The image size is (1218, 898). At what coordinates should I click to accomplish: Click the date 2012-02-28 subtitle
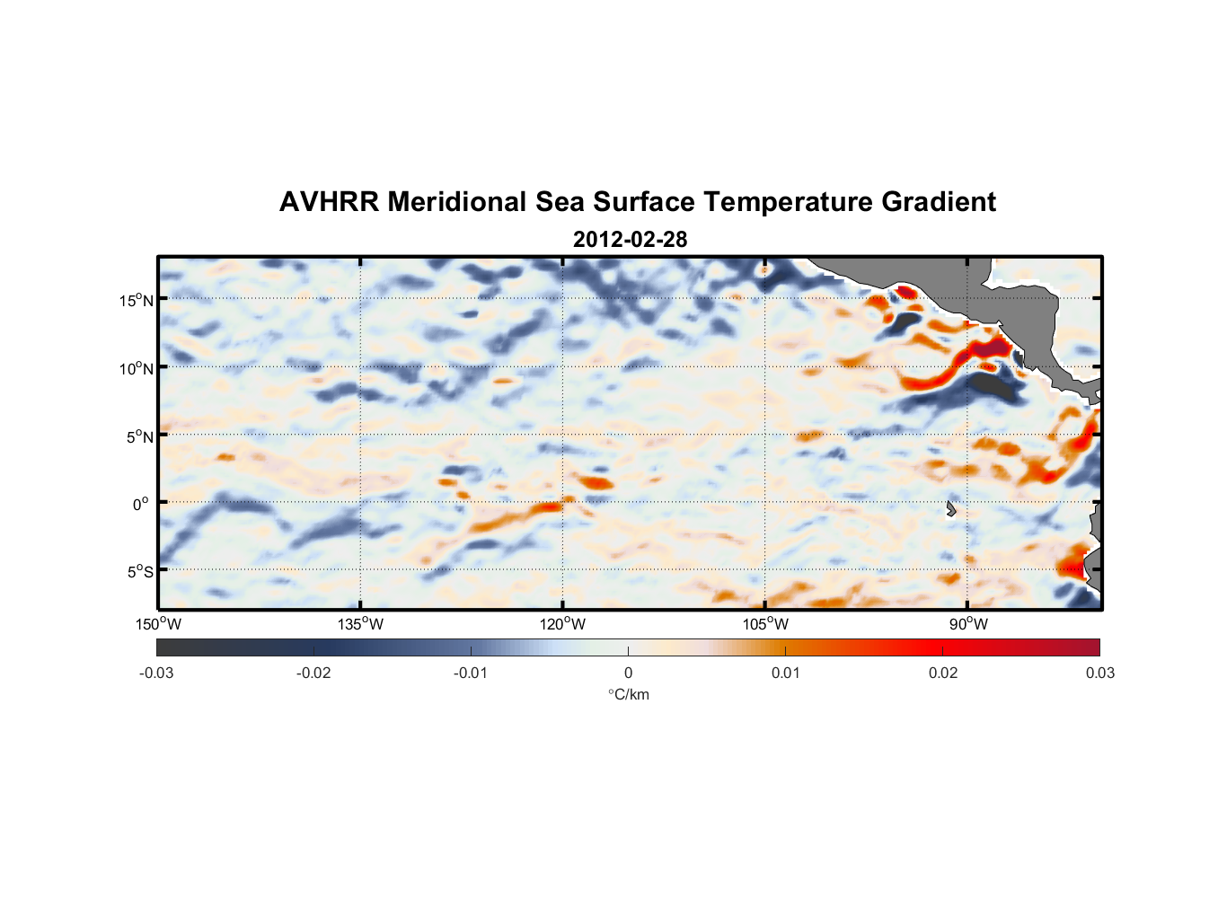coord(630,240)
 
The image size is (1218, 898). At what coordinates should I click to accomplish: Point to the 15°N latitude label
coord(137,301)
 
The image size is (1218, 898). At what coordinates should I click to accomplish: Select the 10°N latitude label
coord(137,368)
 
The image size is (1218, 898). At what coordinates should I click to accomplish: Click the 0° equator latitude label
coord(141,505)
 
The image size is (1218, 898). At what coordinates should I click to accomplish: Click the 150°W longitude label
coord(159,624)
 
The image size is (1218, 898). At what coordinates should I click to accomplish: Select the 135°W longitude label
coord(361,624)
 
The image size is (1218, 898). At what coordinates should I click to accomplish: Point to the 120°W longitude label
coord(563,624)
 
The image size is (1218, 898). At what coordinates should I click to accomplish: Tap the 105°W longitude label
coord(765,624)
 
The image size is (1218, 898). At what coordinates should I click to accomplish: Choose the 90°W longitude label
coord(968,624)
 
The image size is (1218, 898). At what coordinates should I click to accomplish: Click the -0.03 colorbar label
coord(156,673)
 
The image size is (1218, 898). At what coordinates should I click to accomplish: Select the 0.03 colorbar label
coord(1099,673)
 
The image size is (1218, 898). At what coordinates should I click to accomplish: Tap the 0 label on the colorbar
coord(628,673)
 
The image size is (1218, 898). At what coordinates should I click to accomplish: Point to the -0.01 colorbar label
coord(471,673)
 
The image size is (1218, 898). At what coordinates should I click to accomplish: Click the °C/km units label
coord(629,694)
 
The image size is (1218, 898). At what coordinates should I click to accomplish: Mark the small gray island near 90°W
coord(950,509)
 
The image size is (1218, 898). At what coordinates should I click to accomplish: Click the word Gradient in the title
coord(939,202)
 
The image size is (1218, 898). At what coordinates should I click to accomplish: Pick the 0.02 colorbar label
coord(943,673)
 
